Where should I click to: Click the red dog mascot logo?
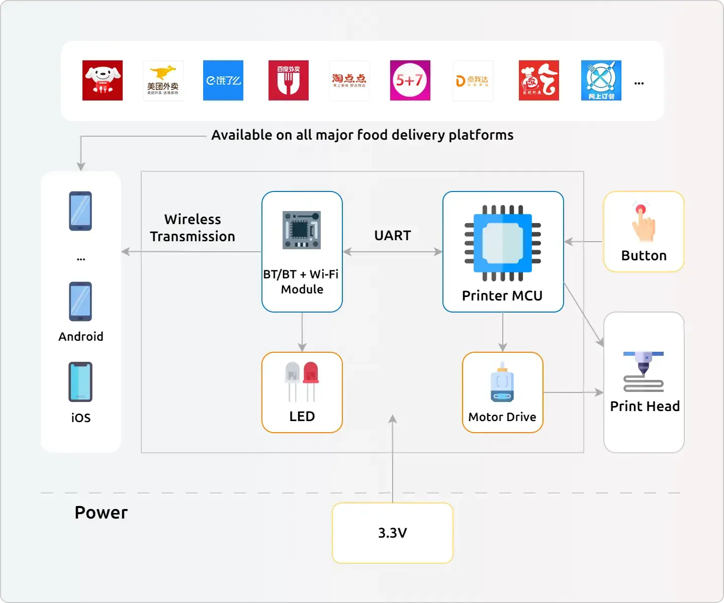[x=103, y=80]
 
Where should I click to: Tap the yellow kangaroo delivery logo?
[x=163, y=80]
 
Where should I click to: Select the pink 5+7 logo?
[x=410, y=80]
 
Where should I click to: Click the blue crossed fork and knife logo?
[x=601, y=80]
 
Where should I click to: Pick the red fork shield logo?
[x=288, y=80]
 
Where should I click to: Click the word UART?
[x=392, y=236]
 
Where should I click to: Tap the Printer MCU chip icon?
[x=503, y=243]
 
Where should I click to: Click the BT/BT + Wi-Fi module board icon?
[x=302, y=230]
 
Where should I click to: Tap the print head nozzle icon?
[x=644, y=371]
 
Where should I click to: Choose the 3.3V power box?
[x=392, y=533]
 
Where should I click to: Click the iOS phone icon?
[x=80, y=382]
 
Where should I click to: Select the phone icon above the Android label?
[x=80, y=301]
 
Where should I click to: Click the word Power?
[x=101, y=513]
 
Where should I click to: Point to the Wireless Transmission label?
[x=193, y=228]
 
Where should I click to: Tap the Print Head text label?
[x=645, y=406]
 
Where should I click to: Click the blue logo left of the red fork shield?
[x=223, y=80]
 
